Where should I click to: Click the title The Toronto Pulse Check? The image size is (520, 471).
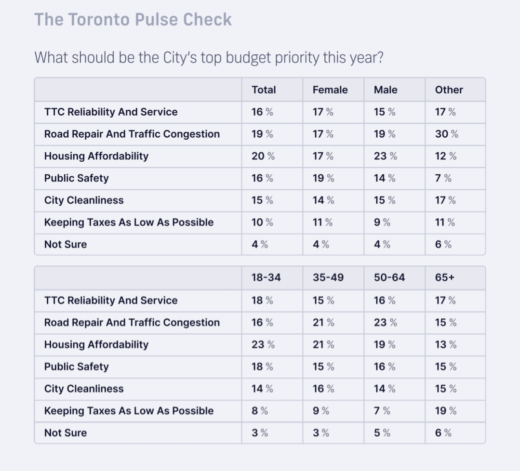133,20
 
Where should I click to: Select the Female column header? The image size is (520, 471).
330,90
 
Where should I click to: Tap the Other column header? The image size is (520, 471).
449,90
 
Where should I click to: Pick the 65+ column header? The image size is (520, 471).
445,278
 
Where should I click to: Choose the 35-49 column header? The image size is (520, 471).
328,278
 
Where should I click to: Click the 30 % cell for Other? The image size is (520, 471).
446,134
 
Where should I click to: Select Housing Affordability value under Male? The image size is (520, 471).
385,157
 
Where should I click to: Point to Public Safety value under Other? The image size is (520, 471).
443,179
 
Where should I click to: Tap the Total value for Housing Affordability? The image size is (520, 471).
263,157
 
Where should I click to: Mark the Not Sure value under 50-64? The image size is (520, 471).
382,433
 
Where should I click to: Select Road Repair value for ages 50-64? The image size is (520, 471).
385,323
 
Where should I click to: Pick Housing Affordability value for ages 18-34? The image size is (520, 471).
263,345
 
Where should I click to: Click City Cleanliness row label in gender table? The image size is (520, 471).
84,201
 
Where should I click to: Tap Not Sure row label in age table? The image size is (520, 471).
66,433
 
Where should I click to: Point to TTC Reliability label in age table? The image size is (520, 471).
111,301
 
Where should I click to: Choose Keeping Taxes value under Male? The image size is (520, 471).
382,223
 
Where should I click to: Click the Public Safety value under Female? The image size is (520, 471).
323,179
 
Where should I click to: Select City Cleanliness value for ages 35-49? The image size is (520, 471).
323,389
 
